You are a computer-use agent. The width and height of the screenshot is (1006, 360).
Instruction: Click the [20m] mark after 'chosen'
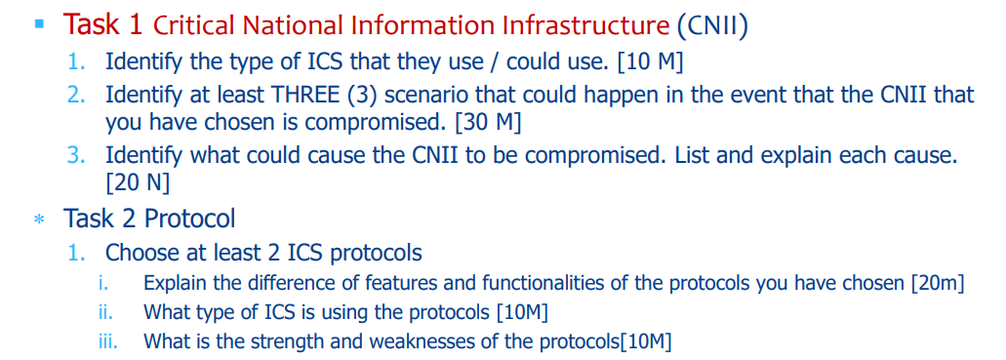tap(937, 284)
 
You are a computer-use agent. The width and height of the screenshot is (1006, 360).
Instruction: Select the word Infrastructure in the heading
tap(583, 25)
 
